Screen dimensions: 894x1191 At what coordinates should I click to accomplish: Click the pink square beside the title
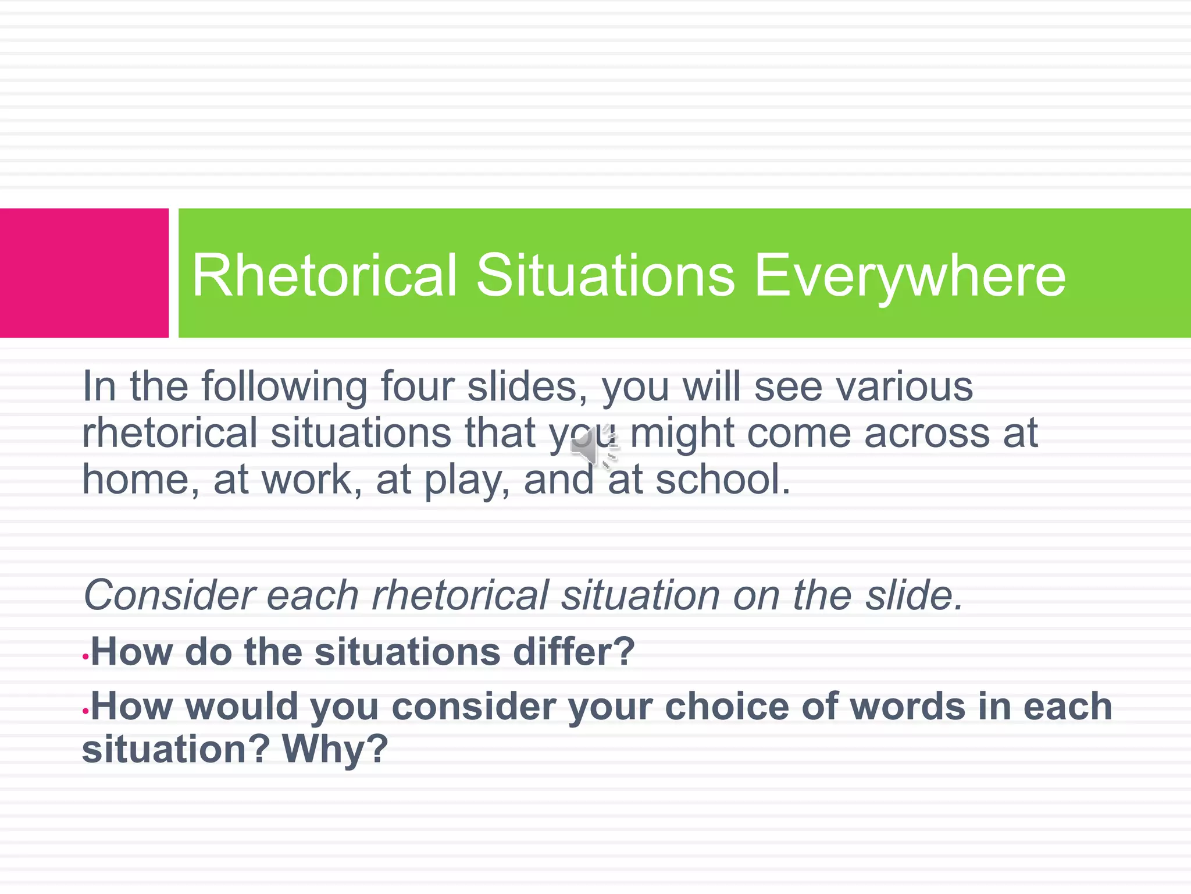coord(84,272)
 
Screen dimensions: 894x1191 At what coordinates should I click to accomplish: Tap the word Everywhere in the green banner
coord(910,275)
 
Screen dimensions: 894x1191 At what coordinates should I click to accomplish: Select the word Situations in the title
coord(605,275)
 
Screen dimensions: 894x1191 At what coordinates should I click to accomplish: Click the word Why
coord(334,748)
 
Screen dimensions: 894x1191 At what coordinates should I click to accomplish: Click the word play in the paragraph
coord(462,481)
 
